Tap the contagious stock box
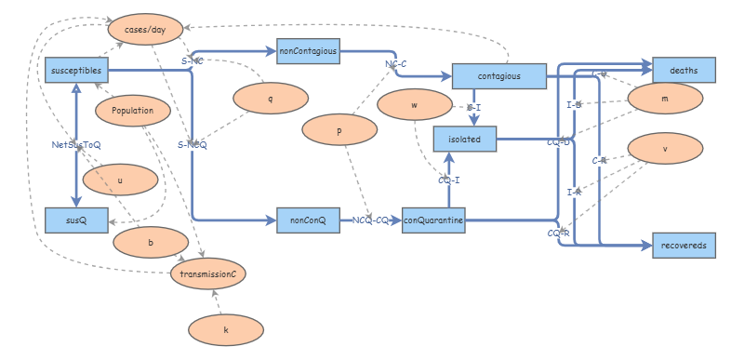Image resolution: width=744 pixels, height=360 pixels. click(498, 76)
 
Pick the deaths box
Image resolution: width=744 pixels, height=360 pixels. click(684, 70)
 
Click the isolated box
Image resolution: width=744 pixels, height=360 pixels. click(465, 139)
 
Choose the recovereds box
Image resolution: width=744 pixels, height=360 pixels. click(684, 244)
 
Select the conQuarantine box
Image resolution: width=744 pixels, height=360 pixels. click(433, 220)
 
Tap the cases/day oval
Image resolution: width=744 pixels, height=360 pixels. click(145, 30)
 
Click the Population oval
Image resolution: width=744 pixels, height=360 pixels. click(132, 111)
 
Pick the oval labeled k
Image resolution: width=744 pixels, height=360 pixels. click(226, 329)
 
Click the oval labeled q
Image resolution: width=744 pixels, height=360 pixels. click(271, 98)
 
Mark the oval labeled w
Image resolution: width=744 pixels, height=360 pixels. click(414, 105)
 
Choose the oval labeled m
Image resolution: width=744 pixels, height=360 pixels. click(665, 98)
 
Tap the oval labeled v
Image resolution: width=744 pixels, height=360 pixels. click(665, 148)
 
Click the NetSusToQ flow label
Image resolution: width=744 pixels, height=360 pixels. click(76, 144)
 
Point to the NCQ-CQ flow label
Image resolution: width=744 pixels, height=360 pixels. click(370, 220)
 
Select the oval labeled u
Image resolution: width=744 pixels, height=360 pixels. click(120, 180)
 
